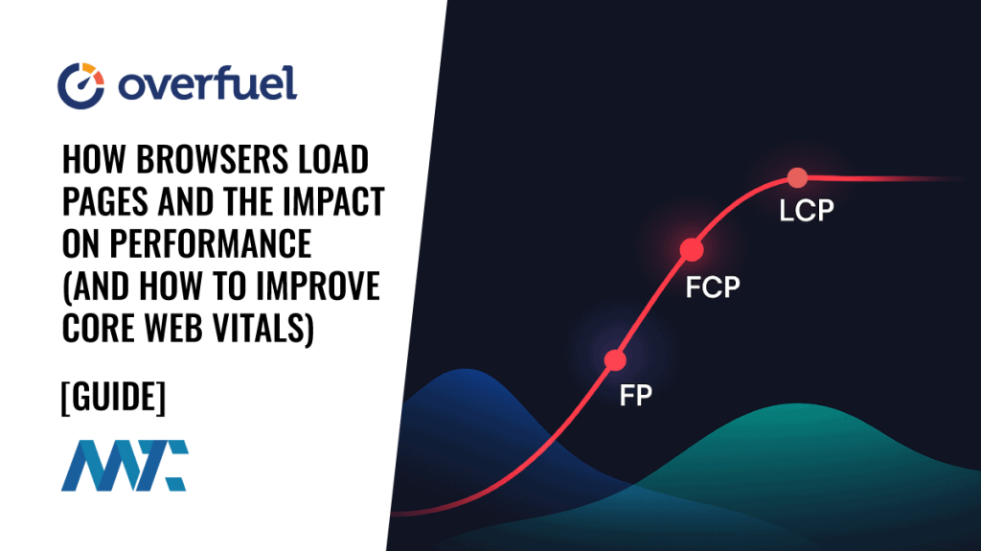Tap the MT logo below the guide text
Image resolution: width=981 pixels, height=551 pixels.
pos(125,466)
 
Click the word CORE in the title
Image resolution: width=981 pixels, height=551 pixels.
pos(97,327)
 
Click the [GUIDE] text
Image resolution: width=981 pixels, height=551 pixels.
pos(112,397)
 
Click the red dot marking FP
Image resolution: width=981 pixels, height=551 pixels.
pos(615,360)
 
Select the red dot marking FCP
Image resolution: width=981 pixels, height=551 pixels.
pos(692,250)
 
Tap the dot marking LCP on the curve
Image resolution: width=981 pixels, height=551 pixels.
pos(796,177)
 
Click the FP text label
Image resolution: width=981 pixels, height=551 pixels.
pos(635,395)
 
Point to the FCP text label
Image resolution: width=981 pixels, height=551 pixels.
pos(713,286)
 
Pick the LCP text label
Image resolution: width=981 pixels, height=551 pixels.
pos(807,212)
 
